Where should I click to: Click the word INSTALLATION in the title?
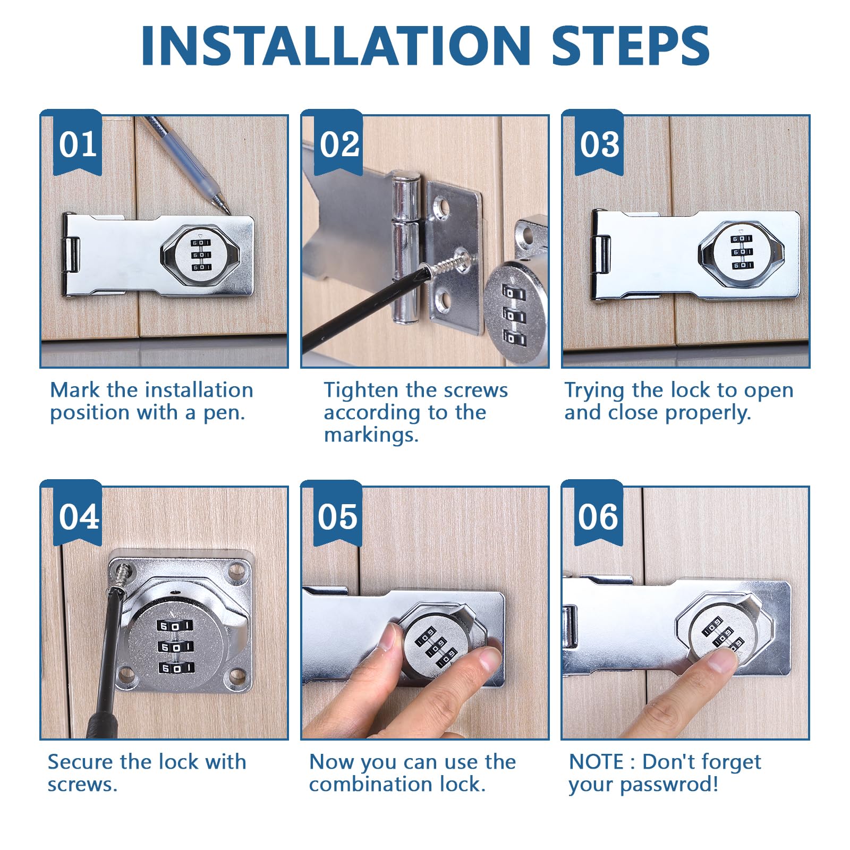point(336,46)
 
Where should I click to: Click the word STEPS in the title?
point(631,46)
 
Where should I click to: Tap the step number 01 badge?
point(78,142)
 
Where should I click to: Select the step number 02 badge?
point(338,142)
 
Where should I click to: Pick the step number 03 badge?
point(599,142)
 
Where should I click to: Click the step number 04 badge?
point(78,514)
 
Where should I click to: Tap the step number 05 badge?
point(338,514)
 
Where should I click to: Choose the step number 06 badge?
point(599,514)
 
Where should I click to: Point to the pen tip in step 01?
point(228,212)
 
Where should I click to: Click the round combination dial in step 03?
point(742,252)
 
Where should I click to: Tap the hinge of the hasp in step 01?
point(71,256)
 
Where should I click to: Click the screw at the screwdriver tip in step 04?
point(123,576)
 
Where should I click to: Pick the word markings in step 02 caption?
point(371,435)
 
